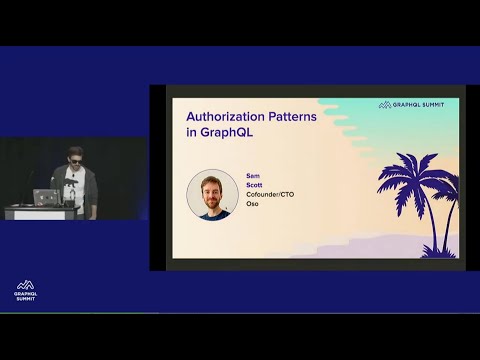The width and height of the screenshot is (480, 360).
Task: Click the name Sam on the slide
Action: (252, 174)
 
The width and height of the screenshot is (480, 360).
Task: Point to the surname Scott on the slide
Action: (254, 183)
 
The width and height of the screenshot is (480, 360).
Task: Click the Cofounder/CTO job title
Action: (267, 192)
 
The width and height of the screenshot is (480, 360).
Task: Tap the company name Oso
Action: (252, 201)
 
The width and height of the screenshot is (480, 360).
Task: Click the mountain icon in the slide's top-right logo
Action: (383, 104)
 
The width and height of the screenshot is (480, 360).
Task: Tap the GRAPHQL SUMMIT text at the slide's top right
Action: (424, 104)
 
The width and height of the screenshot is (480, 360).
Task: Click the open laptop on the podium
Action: (44, 197)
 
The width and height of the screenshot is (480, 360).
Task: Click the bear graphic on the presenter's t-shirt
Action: (73, 185)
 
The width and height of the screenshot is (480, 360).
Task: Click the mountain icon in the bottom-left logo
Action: (27, 285)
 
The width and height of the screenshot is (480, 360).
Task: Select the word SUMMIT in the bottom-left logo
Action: (27, 299)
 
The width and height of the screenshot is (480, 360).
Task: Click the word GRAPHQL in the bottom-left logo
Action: (27, 294)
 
